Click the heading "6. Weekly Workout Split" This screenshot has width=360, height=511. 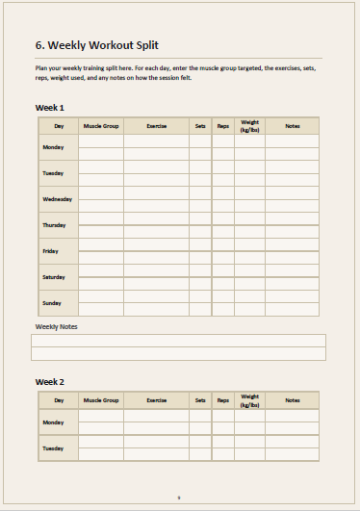tap(96, 45)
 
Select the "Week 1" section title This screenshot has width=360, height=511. tap(50, 107)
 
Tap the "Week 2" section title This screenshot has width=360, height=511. tap(50, 382)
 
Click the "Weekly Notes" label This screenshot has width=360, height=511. tap(56, 327)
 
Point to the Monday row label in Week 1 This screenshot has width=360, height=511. tap(53, 147)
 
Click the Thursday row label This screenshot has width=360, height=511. tap(54, 225)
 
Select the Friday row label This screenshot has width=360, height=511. tap(50, 251)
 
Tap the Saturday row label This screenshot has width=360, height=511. tap(54, 277)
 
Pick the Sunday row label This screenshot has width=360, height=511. tap(52, 303)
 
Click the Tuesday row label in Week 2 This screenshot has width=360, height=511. tap(53, 448)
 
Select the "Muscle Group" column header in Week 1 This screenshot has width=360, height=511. tap(101, 126)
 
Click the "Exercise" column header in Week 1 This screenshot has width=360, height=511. tap(157, 126)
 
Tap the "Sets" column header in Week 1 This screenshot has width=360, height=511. tap(200, 126)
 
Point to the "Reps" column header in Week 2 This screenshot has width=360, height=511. tap(223, 399)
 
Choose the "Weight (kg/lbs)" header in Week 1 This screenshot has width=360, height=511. tap(249, 126)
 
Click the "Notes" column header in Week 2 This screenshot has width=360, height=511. tap(293, 399)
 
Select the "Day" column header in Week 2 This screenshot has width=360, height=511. tap(59, 399)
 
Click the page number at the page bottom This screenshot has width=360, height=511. tap(179, 498)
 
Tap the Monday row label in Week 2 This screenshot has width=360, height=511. tap(53, 422)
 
